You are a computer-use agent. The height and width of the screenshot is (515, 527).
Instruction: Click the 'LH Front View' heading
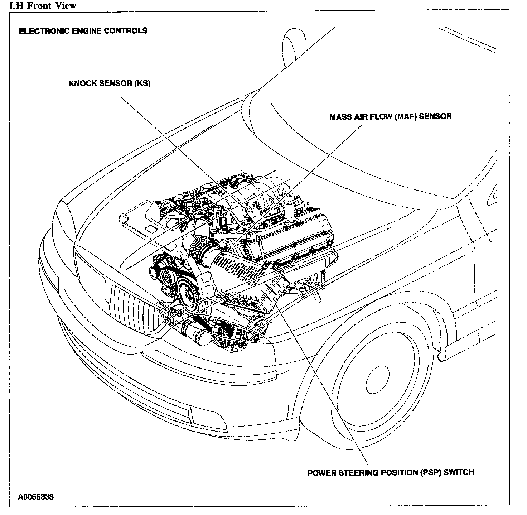click(x=43, y=5)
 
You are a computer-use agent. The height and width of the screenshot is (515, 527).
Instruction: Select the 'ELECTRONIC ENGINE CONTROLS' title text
click(x=83, y=30)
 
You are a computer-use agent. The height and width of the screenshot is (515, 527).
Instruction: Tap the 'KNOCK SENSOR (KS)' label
click(x=110, y=83)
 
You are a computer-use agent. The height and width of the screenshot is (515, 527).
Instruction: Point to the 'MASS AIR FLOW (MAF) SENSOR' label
click(x=391, y=116)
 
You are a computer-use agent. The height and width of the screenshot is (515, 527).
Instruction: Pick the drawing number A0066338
click(x=36, y=497)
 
